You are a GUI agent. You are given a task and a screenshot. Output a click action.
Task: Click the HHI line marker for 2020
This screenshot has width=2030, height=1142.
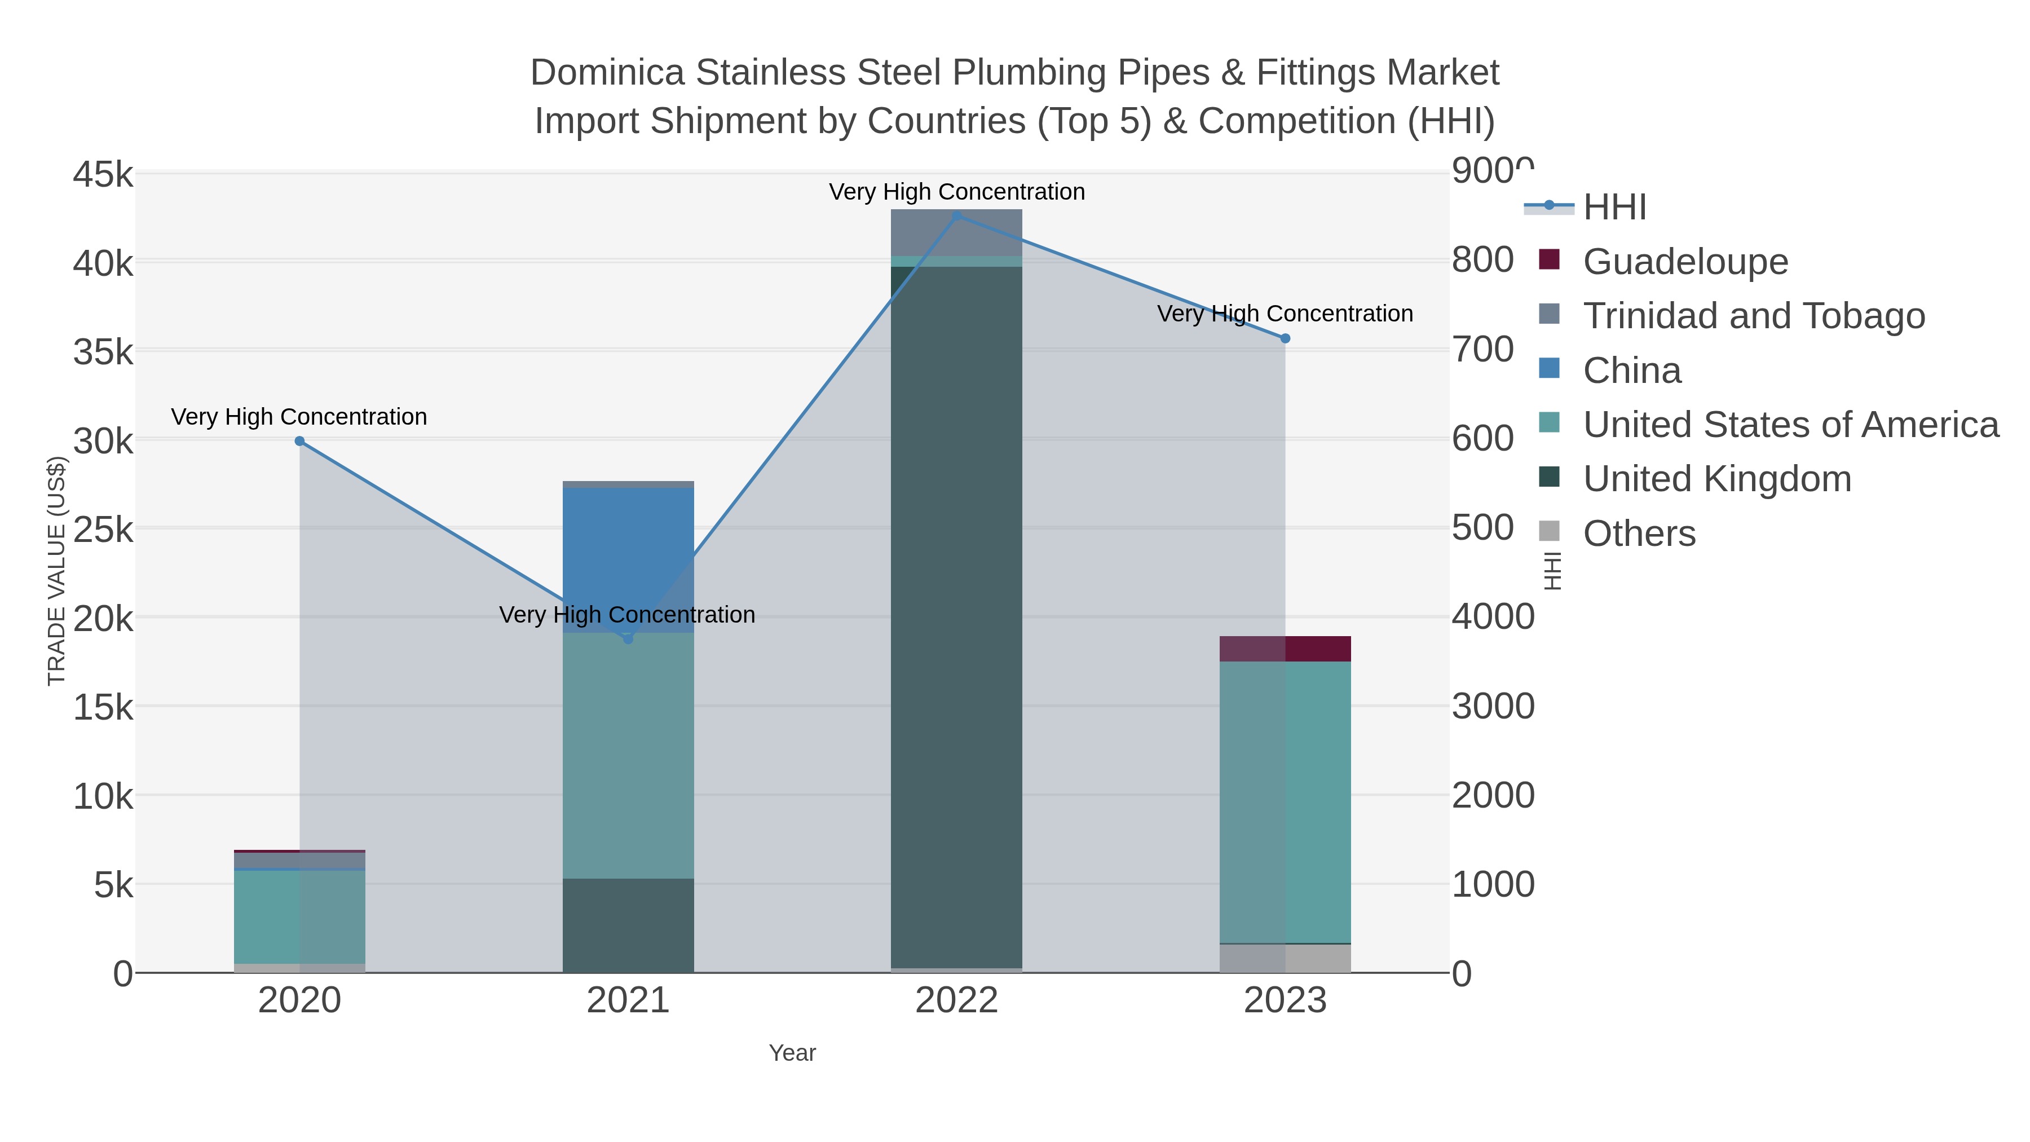pyautogui.click(x=299, y=442)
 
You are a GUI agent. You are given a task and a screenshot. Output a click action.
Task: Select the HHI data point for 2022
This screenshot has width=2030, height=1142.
pyautogui.click(x=957, y=215)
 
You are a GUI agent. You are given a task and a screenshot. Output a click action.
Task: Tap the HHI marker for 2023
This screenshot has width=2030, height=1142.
pyautogui.click(x=1285, y=339)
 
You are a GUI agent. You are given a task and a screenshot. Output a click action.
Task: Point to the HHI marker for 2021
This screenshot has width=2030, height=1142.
pyautogui.click(x=628, y=639)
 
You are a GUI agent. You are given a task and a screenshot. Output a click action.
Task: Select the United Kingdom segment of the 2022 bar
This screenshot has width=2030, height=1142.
pyautogui.click(x=957, y=615)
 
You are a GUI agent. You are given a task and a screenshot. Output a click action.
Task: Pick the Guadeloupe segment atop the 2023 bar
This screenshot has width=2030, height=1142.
pyautogui.click(x=1285, y=649)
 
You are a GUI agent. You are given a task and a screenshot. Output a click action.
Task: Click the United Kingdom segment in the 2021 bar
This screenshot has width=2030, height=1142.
pyautogui.click(x=628, y=925)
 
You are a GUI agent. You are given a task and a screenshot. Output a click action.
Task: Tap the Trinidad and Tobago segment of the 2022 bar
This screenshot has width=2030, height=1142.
pyautogui.click(x=957, y=232)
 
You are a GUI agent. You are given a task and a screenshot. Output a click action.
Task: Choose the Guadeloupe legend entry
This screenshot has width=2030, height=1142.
pyautogui.click(x=1685, y=262)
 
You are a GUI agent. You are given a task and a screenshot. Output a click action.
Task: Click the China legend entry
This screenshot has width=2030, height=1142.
pyautogui.click(x=1631, y=371)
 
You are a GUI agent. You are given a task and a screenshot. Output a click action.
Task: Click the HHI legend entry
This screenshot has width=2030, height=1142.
pyautogui.click(x=1614, y=208)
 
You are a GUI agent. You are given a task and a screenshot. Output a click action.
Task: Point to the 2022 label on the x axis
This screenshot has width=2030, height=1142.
pyautogui.click(x=957, y=1001)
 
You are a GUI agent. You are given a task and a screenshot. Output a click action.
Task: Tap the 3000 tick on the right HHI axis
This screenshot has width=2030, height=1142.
pyautogui.click(x=1493, y=706)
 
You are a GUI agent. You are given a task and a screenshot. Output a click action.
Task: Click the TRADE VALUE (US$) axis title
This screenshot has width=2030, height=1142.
pyautogui.click(x=57, y=571)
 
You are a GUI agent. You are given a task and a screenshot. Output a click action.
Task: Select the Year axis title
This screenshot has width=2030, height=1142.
pyautogui.click(x=792, y=1053)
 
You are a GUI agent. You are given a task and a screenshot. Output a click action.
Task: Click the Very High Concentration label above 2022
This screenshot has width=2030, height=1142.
pyautogui.click(x=957, y=192)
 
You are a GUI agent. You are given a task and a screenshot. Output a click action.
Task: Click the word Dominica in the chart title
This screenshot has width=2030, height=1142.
pyautogui.click(x=607, y=73)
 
